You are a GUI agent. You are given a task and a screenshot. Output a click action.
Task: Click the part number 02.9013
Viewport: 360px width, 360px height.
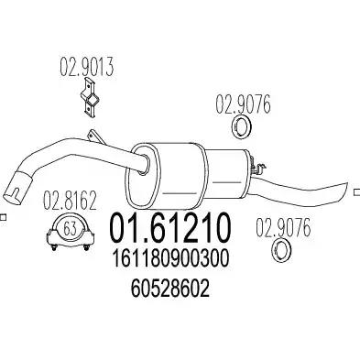click(86, 67)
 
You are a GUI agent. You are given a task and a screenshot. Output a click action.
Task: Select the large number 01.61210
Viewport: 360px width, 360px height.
click(169, 228)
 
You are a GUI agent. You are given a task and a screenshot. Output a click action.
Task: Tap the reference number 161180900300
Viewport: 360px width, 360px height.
click(171, 258)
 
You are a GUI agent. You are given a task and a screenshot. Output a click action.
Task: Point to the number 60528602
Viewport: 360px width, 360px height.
click(170, 289)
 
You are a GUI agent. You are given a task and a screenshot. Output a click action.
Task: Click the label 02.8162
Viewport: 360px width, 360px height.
click(70, 201)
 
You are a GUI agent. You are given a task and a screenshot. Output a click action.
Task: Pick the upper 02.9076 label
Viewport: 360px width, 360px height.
click(244, 104)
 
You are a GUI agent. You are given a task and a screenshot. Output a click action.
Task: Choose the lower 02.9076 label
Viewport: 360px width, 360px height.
click(283, 227)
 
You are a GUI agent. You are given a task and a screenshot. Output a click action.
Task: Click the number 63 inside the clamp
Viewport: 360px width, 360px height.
click(70, 229)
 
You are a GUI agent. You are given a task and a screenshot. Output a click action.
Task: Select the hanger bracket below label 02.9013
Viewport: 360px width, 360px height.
click(91, 97)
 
